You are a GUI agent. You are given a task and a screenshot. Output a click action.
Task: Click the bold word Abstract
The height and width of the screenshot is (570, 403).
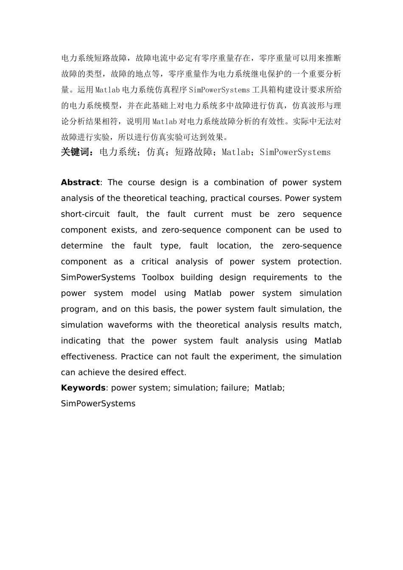[80, 182]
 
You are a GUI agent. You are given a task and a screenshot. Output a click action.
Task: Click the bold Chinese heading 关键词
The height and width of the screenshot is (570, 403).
[76, 152]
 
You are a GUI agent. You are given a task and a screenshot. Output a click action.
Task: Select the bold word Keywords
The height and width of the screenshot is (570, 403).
[83, 388]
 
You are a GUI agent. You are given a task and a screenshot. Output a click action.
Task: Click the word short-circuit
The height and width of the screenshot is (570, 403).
[85, 214]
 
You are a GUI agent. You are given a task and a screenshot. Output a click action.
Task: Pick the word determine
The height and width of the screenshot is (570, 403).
[82, 246]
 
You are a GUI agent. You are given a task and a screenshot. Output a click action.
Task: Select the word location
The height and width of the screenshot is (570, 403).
[233, 246]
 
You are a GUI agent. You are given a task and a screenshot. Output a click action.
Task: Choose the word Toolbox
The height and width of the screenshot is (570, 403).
[158, 277]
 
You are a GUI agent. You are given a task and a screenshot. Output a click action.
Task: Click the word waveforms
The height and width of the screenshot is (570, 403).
[130, 325]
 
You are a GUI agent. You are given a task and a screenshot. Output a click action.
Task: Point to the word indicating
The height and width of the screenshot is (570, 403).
[80, 341]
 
